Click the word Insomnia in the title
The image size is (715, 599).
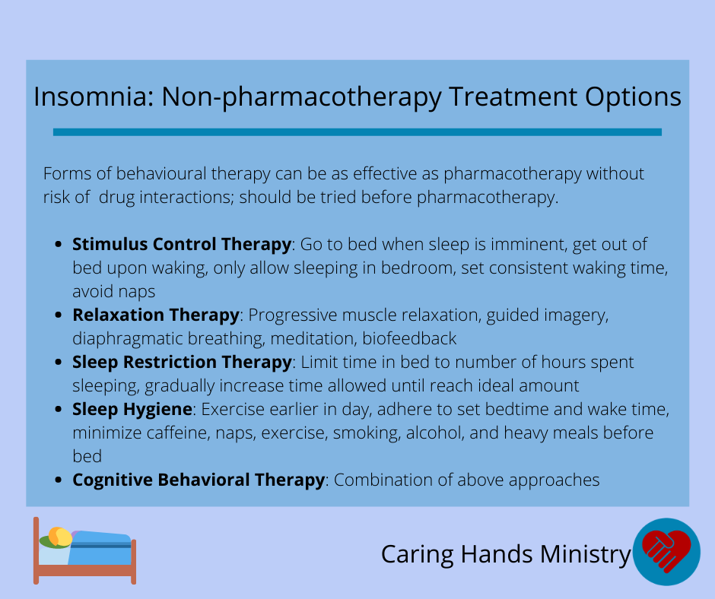tap(94, 97)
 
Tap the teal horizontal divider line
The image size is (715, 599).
tap(357, 132)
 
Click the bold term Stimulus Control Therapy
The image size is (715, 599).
tap(182, 244)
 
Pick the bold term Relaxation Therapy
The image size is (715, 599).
tap(156, 315)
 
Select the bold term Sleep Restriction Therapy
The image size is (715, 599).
tap(182, 362)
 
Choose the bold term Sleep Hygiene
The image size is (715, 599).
tap(132, 410)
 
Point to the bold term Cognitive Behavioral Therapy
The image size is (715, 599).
tap(199, 480)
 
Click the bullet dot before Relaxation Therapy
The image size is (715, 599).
tap(58, 315)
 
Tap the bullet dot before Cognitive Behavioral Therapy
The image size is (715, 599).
tap(58, 480)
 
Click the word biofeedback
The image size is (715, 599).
tap(409, 339)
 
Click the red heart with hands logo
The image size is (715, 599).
tap(666, 550)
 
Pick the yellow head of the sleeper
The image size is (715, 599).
tap(60, 537)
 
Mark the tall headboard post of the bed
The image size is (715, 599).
tap(36, 550)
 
